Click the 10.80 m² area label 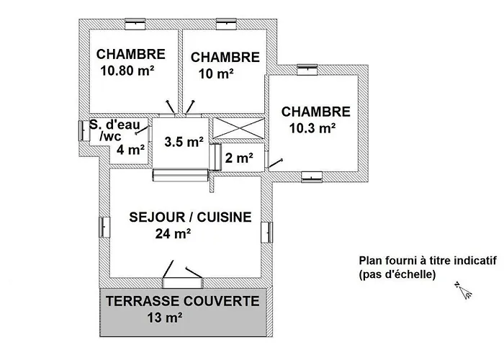click(x=127, y=71)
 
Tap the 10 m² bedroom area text click(x=216, y=74)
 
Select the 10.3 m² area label click(x=312, y=128)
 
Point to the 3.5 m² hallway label click(x=184, y=141)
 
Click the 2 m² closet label click(x=239, y=158)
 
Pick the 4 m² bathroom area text click(x=130, y=150)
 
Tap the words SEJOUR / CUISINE click(x=190, y=217)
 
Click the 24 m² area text click(x=173, y=234)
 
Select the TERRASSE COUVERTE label click(x=183, y=301)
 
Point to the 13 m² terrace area click(x=165, y=318)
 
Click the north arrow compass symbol click(x=463, y=290)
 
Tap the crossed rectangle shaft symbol click(x=238, y=128)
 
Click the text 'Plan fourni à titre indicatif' click(x=428, y=261)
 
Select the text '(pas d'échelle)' click(x=397, y=274)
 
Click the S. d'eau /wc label click(x=114, y=130)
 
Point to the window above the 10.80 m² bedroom click(x=135, y=24)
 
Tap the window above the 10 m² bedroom click(x=226, y=24)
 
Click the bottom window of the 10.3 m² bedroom click(x=312, y=177)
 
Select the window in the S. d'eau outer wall click(x=84, y=131)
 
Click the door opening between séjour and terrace click(x=183, y=283)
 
